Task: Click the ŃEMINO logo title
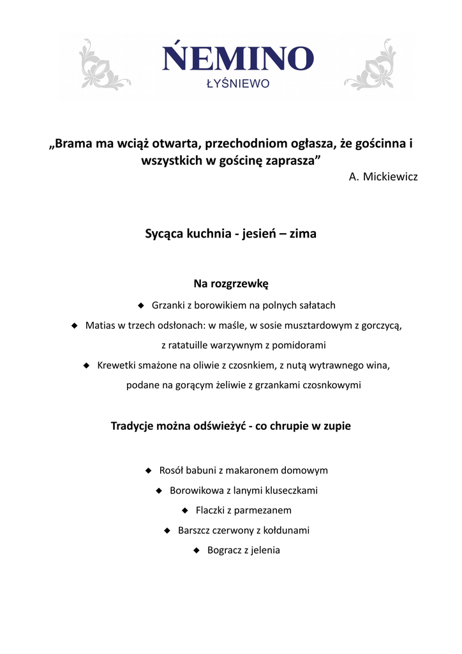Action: click(238, 59)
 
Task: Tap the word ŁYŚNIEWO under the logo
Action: click(237, 84)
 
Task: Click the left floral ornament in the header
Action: click(102, 65)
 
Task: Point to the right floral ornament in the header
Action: click(371, 65)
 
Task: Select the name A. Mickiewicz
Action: click(383, 177)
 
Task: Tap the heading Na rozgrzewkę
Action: click(231, 283)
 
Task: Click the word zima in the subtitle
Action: click(302, 234)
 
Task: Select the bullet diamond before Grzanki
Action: click(141, 305)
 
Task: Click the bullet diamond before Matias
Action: click(74, 325)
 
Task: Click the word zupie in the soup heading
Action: click(337, 426)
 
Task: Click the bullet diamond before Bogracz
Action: click(197, 550)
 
